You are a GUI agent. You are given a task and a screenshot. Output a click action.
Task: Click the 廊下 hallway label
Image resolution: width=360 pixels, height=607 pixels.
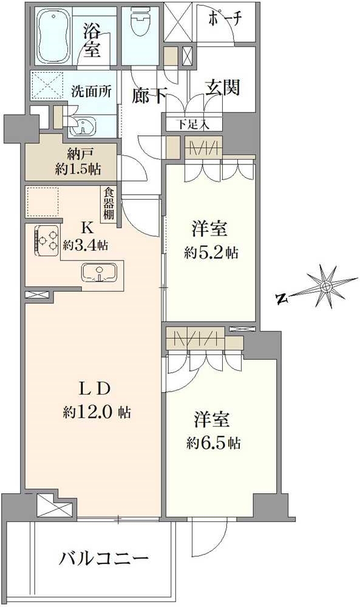pos(150,96)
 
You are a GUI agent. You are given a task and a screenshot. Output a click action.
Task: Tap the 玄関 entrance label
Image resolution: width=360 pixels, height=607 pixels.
pos(222,87)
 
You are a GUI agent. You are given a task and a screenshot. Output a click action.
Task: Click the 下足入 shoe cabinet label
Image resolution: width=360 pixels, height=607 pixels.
pos(193,124)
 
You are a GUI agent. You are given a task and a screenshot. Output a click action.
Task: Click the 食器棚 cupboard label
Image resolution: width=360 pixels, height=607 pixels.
pos(109,203)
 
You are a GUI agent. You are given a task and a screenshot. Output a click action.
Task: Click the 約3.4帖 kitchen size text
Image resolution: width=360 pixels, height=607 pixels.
pos(86,245)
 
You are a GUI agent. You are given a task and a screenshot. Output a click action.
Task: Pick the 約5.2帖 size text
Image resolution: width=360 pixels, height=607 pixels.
pos(211,253)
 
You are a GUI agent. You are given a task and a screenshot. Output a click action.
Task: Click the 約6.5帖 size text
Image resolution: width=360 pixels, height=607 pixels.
pos(213,443)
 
